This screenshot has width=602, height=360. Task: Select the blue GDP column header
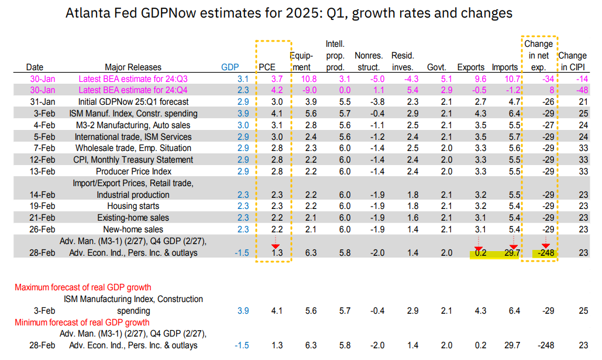point(229,67)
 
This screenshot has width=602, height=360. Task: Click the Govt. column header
point(437,67)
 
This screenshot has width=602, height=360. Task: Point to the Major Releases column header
point(133,67)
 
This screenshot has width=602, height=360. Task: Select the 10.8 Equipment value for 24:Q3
point(308,78)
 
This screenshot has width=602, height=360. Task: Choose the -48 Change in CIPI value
point(580,90)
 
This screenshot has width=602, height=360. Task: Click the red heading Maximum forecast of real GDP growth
point(82,287)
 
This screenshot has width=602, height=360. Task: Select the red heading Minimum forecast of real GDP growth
point(82,323)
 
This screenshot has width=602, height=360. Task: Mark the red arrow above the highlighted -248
point(545,246)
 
